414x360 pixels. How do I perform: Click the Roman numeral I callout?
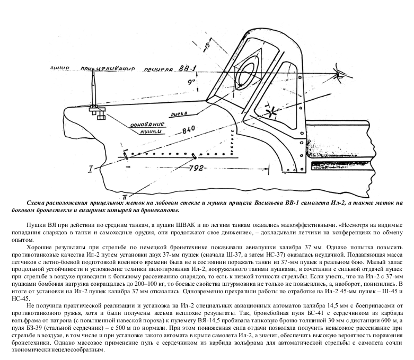(x=91, y=169)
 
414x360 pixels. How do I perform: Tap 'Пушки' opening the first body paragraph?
(x=36, y=225)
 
